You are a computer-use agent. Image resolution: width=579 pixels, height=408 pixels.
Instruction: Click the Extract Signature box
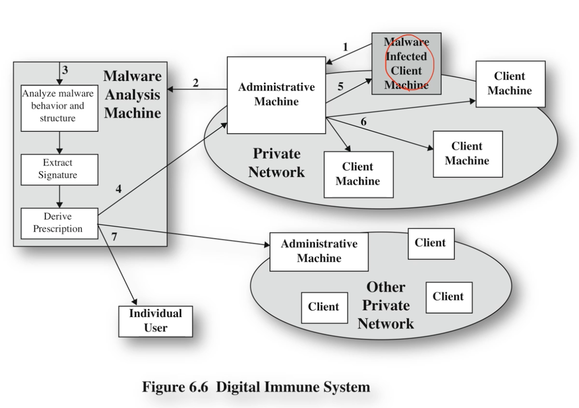pos(58,169)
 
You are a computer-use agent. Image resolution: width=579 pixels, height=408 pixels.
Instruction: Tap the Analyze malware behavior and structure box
pos(58,106)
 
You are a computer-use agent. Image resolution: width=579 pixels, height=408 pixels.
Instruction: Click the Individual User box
pos(156,321)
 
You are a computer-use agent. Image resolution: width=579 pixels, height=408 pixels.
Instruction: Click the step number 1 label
pos(345,47)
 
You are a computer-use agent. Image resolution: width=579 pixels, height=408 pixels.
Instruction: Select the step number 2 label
pos(196,83)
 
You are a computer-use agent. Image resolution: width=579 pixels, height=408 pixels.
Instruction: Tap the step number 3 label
pos(66,69)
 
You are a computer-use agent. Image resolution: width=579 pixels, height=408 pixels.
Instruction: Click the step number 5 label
pos(341,87)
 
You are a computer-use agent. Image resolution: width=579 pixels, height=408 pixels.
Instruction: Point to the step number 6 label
pos(364,122)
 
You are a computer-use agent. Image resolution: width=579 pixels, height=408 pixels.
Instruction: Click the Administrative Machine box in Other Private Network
pos(319,251)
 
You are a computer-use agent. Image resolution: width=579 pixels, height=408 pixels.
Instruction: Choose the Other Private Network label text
pos(385,305)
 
